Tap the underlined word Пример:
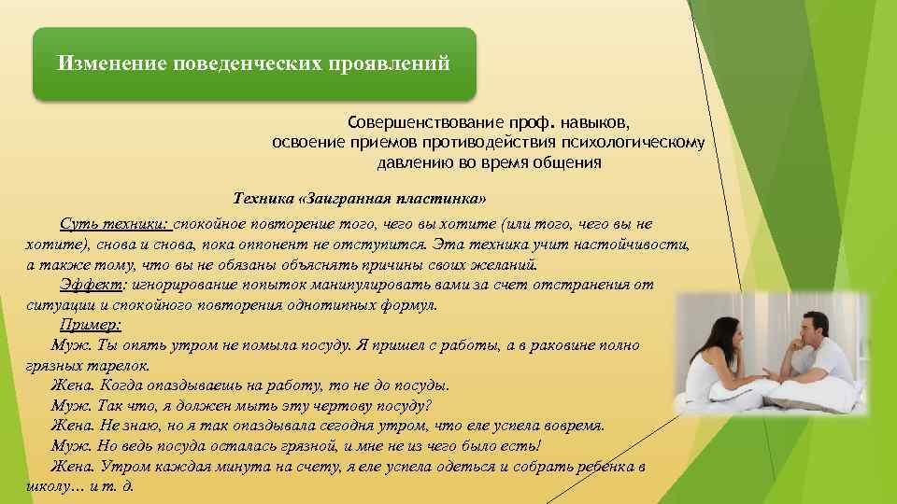pyautogui.click(x=91, y=325)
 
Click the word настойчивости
pyautogui.click(x=637, y=245)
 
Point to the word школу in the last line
pyautogui.click(x=47, y=487)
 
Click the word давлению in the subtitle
pyautogui.click(x=412, y=162)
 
